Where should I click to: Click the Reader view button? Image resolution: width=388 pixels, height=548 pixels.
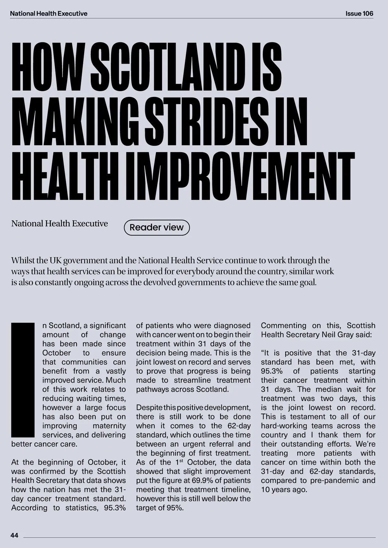(156, 227)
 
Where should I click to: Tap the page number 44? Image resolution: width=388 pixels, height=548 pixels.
(15, 535)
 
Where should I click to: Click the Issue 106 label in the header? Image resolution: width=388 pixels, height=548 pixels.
(359, 14)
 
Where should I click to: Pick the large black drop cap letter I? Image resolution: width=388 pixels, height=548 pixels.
(23, 380)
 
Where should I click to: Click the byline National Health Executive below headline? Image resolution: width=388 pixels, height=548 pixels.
(59, 224)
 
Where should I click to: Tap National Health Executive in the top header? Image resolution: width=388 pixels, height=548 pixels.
(48, 14)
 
